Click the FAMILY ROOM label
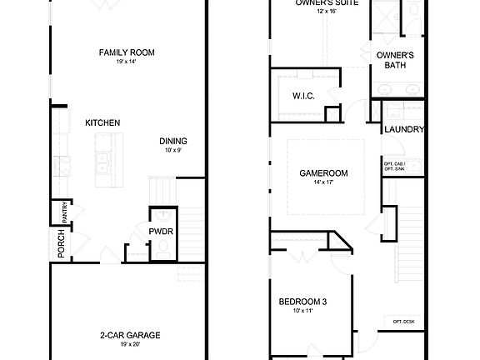127,52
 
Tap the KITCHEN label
102,123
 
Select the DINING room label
173,141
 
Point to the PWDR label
160,231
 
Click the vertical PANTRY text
64,214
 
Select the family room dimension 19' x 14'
127,62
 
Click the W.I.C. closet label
302,96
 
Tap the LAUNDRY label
404,130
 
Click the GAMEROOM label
323,173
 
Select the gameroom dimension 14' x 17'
323,182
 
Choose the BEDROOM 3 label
302,302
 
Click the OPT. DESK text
404,322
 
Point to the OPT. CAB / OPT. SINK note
393,166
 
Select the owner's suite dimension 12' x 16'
320,12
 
